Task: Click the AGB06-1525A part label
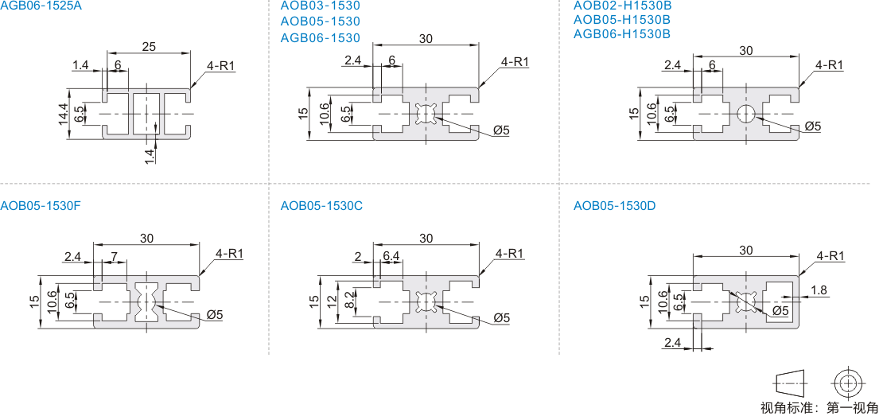click(x=37, y=6)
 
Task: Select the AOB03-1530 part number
click(x=320, y=6)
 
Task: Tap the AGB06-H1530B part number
click(x=622, y=33)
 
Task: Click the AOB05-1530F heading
click(x=41, y=206)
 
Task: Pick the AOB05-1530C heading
click(x=321, y=206)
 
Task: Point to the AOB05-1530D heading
click(x=614, y=206)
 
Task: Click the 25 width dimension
click(x=149, y=47)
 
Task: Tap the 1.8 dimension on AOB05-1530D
click(x=819, y=290)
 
